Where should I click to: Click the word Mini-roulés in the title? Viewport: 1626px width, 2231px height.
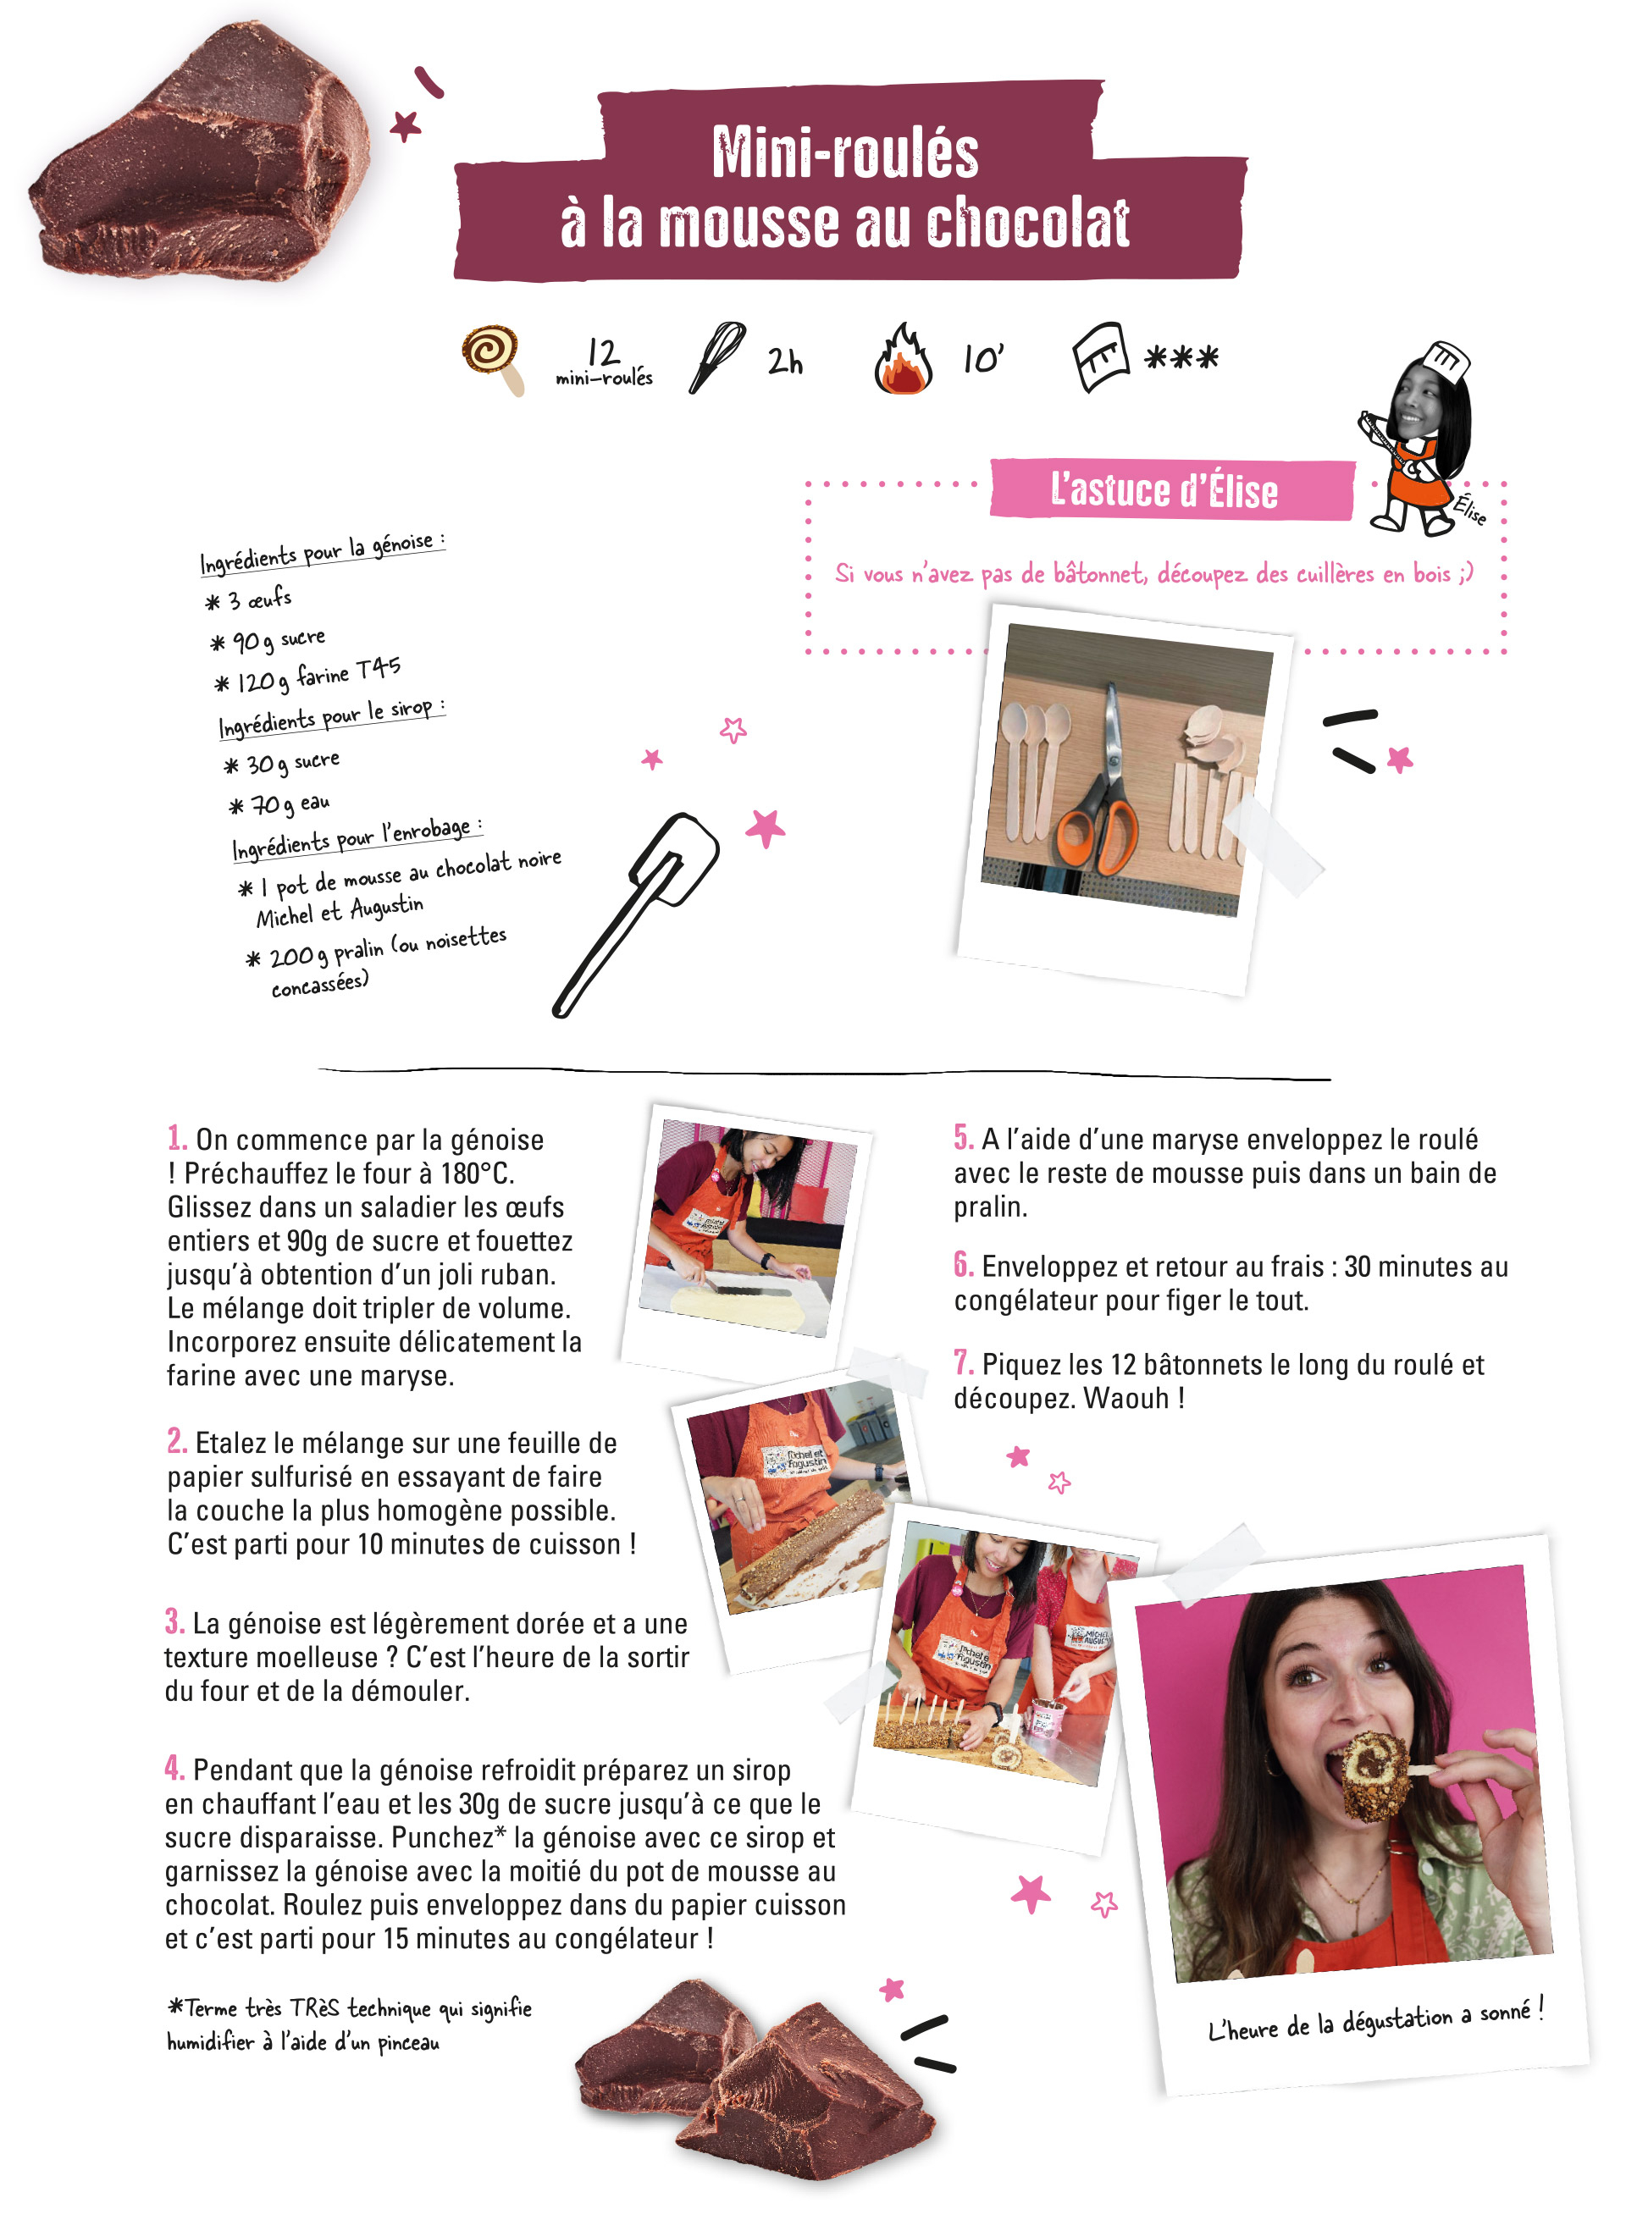click(x=844, y=153)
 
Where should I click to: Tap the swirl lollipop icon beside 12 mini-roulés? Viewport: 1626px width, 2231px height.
click(x=493, y=359)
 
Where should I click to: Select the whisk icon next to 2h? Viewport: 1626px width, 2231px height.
click(x=717, y=357)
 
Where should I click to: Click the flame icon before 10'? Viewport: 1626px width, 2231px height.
click(x=903, y=359)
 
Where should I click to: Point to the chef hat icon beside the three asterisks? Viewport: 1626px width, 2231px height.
click(x=1098, y=356)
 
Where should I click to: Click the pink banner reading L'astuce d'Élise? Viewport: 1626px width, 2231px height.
click(x=1171, y=489)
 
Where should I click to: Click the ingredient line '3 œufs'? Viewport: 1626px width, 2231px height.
click(x=249, y=599)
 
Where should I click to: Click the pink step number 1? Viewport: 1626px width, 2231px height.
click(x=176, y=1139)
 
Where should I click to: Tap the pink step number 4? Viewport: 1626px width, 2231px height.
click(x=174, y=1769)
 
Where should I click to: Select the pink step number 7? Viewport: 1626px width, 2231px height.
click(x=964, y=1363)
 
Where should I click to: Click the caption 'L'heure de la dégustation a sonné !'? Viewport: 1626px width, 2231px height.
click(x=1375, y=2020)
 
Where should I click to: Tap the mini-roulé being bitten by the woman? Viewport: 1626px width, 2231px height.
click(x=1376, y=1775)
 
